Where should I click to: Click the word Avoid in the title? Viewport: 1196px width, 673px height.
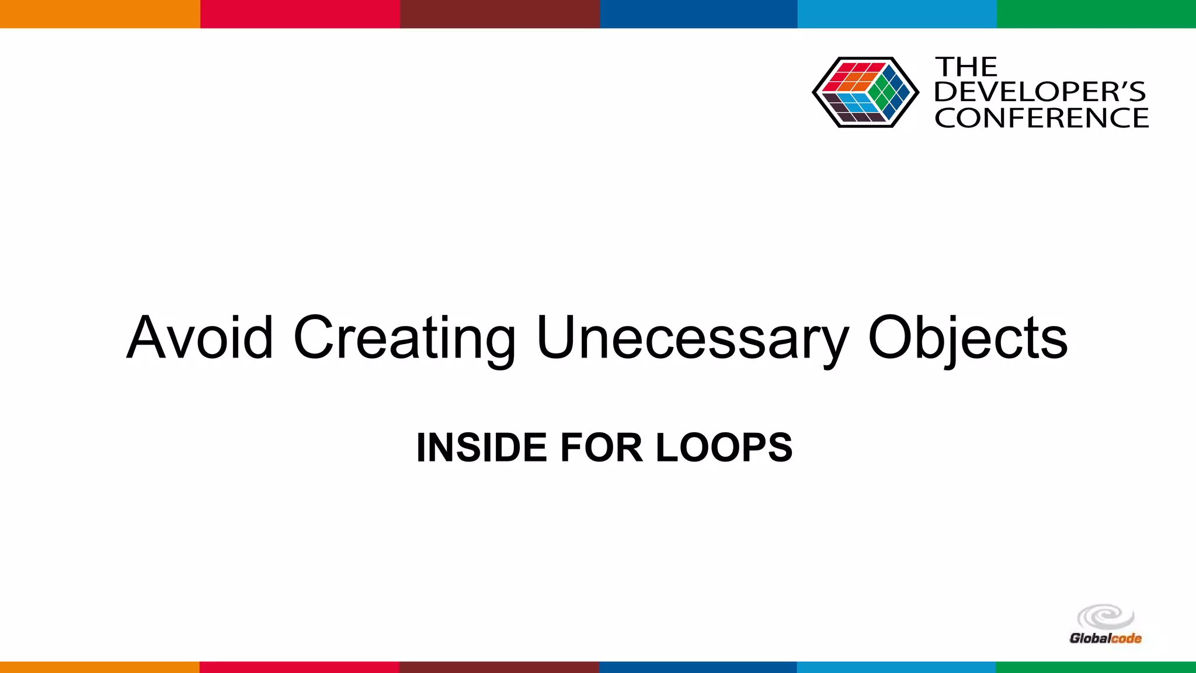click(x=200, y=338)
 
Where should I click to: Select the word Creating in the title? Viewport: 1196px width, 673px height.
click(x=404, y=339)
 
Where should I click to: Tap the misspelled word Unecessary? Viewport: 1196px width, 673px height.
click(x=692, y=339)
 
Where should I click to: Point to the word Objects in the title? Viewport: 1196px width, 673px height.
click(x=968, y=339)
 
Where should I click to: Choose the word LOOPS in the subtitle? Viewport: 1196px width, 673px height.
click(x=724, y=447)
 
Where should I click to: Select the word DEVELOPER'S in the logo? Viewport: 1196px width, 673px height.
click(x=1040, y=92)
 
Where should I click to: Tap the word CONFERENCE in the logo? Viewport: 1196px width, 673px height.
click(x=1041, y=118)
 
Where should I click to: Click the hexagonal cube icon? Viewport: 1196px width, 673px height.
click(x=865, y=92)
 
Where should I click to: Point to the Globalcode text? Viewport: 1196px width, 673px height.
click(x=1105, y=639)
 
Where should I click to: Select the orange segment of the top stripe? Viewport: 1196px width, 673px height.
click(x=100, y=13)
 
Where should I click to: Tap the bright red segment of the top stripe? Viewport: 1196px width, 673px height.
click(x=300, y=13)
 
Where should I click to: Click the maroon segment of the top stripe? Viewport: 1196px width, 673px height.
click(x=500, y=13)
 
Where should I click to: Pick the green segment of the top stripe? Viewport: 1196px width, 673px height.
click(x=1096, y=13)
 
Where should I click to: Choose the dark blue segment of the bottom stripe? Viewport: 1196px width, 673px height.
click(x=698, y=667)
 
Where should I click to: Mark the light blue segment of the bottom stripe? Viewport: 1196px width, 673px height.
click(x=896, y=667)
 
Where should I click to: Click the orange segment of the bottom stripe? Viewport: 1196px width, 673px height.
click(x=100, y=667)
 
